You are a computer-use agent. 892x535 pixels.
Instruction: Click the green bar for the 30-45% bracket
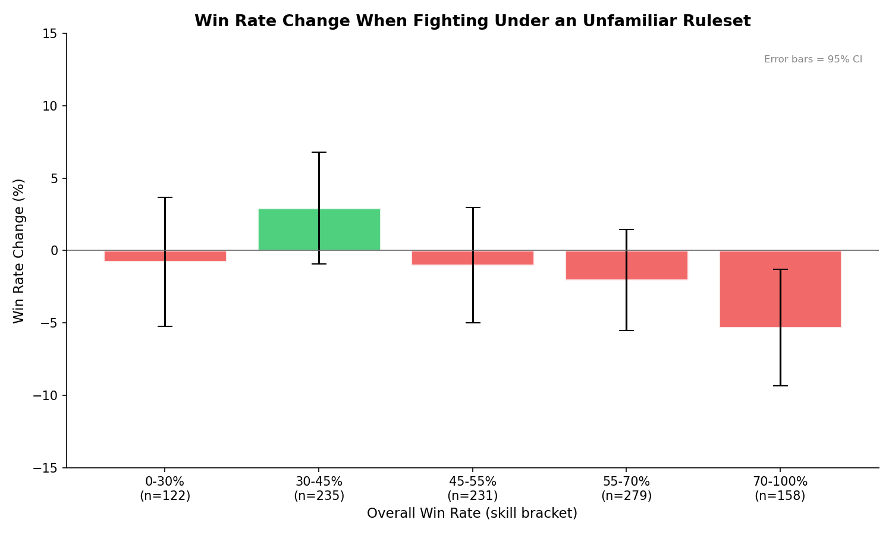tap(297, 229)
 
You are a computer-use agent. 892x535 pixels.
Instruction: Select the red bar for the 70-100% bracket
tap(749, 289)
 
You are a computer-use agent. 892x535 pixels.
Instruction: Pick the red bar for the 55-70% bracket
tap(654, 265)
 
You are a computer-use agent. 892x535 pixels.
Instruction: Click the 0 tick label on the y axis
tap(54, 251)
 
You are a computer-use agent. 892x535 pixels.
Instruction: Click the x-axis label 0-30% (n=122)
tap(165, 489)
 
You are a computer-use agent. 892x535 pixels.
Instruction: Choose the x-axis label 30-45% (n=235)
tap(319, 489)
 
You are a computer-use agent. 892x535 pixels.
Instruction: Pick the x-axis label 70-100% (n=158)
tap(780, 489)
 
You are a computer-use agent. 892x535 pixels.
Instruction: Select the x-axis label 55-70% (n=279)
tap(626, 489)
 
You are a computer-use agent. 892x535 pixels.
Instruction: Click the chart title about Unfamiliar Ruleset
tap(472, 21)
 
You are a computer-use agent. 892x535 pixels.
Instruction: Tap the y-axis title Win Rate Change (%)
tap(19, 251)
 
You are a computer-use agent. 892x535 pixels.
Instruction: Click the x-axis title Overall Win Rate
tap(472, 514)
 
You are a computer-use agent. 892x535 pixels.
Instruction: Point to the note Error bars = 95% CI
tap(813, 59)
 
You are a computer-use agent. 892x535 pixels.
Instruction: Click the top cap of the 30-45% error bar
tap(319, 152)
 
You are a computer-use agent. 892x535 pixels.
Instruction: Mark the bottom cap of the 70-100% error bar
tap(780, 386)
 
